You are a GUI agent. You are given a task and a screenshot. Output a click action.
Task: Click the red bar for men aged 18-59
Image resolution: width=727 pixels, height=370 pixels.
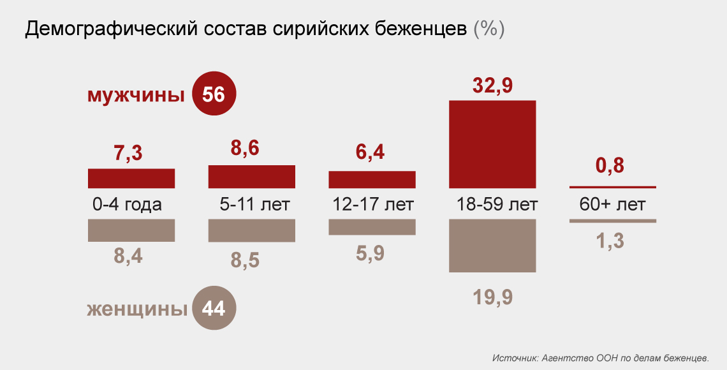[492, 144]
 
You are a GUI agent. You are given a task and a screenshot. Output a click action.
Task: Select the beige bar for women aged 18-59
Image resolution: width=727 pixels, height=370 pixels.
[492, 246]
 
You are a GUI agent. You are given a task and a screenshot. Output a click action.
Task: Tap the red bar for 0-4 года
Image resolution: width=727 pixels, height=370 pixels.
[131, 178]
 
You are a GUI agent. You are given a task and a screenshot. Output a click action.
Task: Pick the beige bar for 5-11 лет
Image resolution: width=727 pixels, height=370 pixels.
[251, 230]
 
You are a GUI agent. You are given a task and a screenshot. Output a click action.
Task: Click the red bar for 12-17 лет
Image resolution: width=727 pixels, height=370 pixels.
[372, 179]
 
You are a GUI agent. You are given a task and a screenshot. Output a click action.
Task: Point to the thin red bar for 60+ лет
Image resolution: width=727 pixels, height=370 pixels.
[612, 187]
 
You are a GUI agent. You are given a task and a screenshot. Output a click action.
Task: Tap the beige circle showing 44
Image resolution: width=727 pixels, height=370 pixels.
[214, 309]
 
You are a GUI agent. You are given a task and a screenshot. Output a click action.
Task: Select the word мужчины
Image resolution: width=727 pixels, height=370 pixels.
[135, 96]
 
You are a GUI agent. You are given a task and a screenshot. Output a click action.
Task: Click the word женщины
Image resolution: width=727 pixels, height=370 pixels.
[136, 309]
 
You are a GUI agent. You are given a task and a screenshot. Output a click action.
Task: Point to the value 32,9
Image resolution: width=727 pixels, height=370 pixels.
[492, 85]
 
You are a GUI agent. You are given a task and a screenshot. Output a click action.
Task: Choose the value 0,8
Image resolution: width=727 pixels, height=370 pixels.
[610, 166]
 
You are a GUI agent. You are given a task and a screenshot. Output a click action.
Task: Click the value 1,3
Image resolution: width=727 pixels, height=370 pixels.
[610, 241]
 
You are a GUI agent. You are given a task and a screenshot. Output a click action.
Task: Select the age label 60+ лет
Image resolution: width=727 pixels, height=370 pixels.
[612, 205]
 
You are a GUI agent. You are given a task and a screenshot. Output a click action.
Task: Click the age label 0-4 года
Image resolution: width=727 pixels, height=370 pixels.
[127, 205]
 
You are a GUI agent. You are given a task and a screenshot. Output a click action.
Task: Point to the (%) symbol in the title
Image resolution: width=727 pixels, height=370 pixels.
[489, 29]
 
